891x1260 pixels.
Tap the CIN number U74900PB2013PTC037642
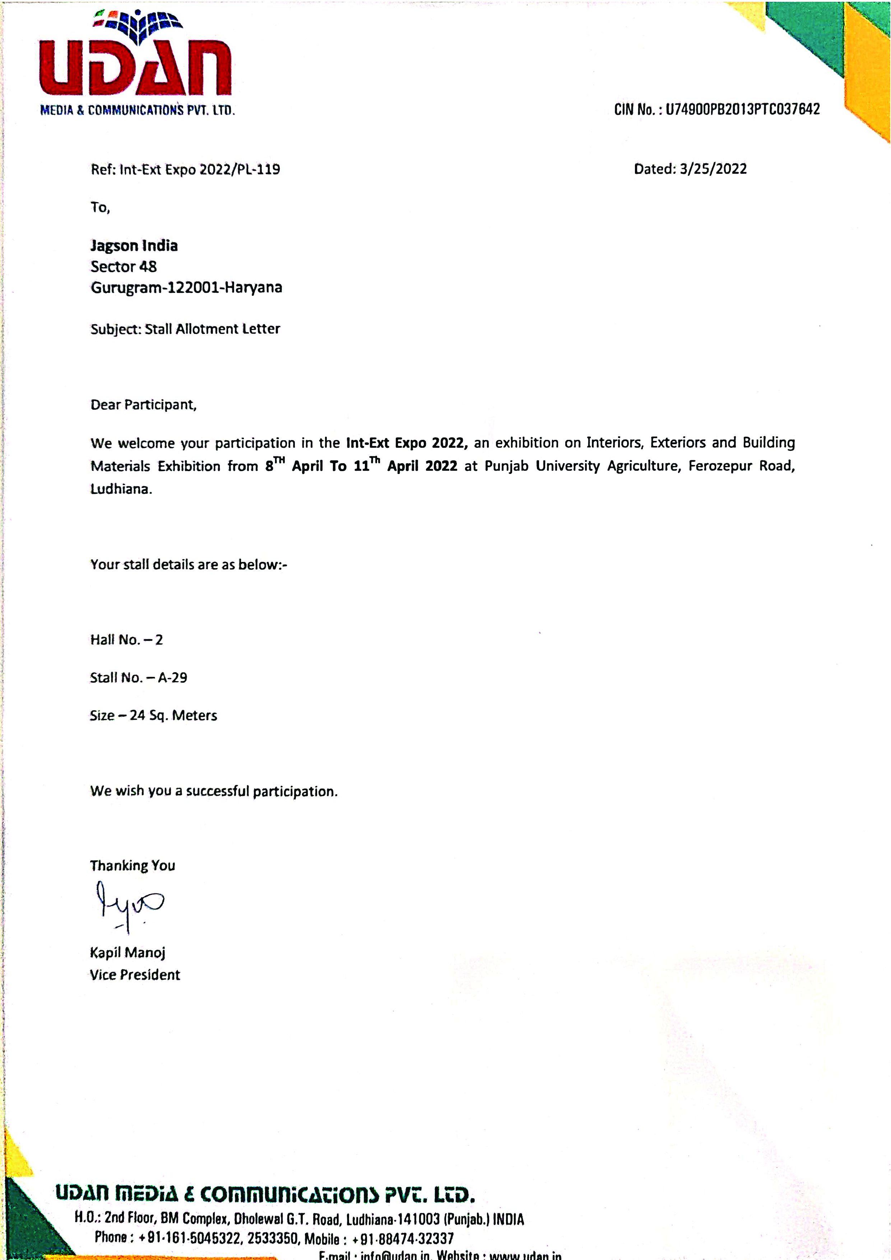click(742, 109)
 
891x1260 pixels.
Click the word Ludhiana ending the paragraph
click(120, 489)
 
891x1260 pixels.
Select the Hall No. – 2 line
click(126, 639)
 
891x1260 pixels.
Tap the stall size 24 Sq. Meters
click(173, 716)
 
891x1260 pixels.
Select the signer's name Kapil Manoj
click(127, 952)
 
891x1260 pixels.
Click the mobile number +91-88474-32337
click(403, 1238)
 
